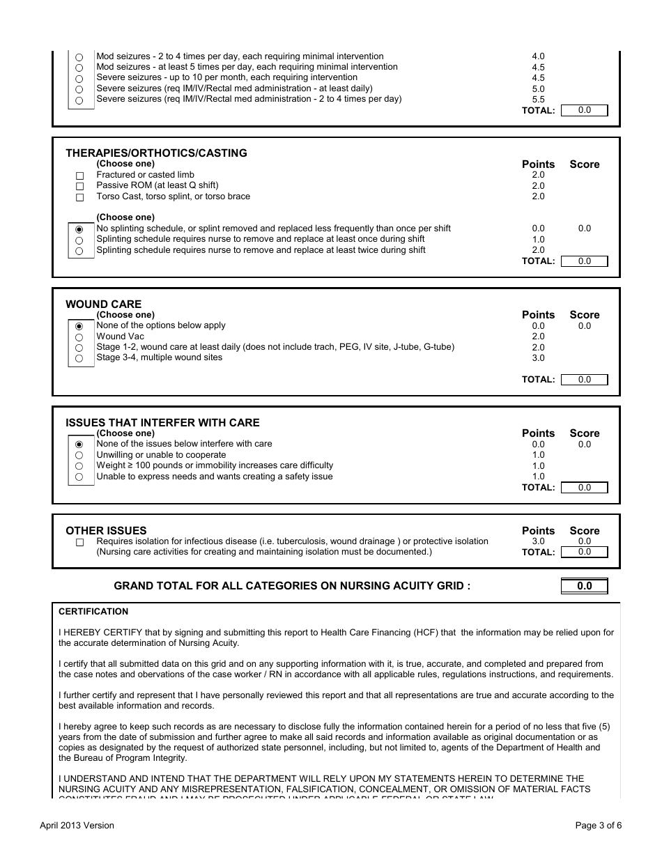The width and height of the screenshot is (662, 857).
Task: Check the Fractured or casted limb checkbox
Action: (x=79, y=176)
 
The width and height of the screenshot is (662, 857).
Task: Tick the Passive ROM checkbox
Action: (x=79, y=186)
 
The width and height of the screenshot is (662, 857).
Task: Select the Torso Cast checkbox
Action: (x=79, y=197)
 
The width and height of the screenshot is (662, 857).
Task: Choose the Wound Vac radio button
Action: (x=79, y=337)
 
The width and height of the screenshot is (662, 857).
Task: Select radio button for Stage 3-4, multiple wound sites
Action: (x=79, y=358)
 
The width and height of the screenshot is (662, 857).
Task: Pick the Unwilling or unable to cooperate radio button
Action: (x=79, y=456)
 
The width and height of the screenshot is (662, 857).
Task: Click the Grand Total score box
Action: (x=584, y=586)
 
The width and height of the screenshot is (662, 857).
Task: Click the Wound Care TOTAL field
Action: (x=584, y=380)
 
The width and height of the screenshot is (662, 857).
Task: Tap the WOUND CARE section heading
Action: (x=103, y=304)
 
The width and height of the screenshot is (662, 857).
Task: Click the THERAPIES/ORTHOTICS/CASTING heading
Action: (x=156, y=153)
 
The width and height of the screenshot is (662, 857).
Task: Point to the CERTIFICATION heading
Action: (x=93, y=612)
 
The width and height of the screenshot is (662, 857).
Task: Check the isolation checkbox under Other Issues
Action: (x=79, y=542)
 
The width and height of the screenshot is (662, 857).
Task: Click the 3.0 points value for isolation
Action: (x=538, y=541)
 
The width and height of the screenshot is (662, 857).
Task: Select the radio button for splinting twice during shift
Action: (x=79, y=251)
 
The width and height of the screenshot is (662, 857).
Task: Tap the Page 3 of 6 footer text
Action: (x=598, y=826)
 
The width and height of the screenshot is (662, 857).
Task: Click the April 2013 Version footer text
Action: (x=77, y=826)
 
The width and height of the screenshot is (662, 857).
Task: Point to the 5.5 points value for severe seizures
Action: (x=538, y=100)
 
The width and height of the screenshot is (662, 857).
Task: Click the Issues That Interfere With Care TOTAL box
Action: (x=584, y=488)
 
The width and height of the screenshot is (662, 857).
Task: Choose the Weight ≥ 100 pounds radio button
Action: (x=79, y=466)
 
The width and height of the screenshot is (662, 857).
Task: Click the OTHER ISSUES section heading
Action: (x=106, y=531)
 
